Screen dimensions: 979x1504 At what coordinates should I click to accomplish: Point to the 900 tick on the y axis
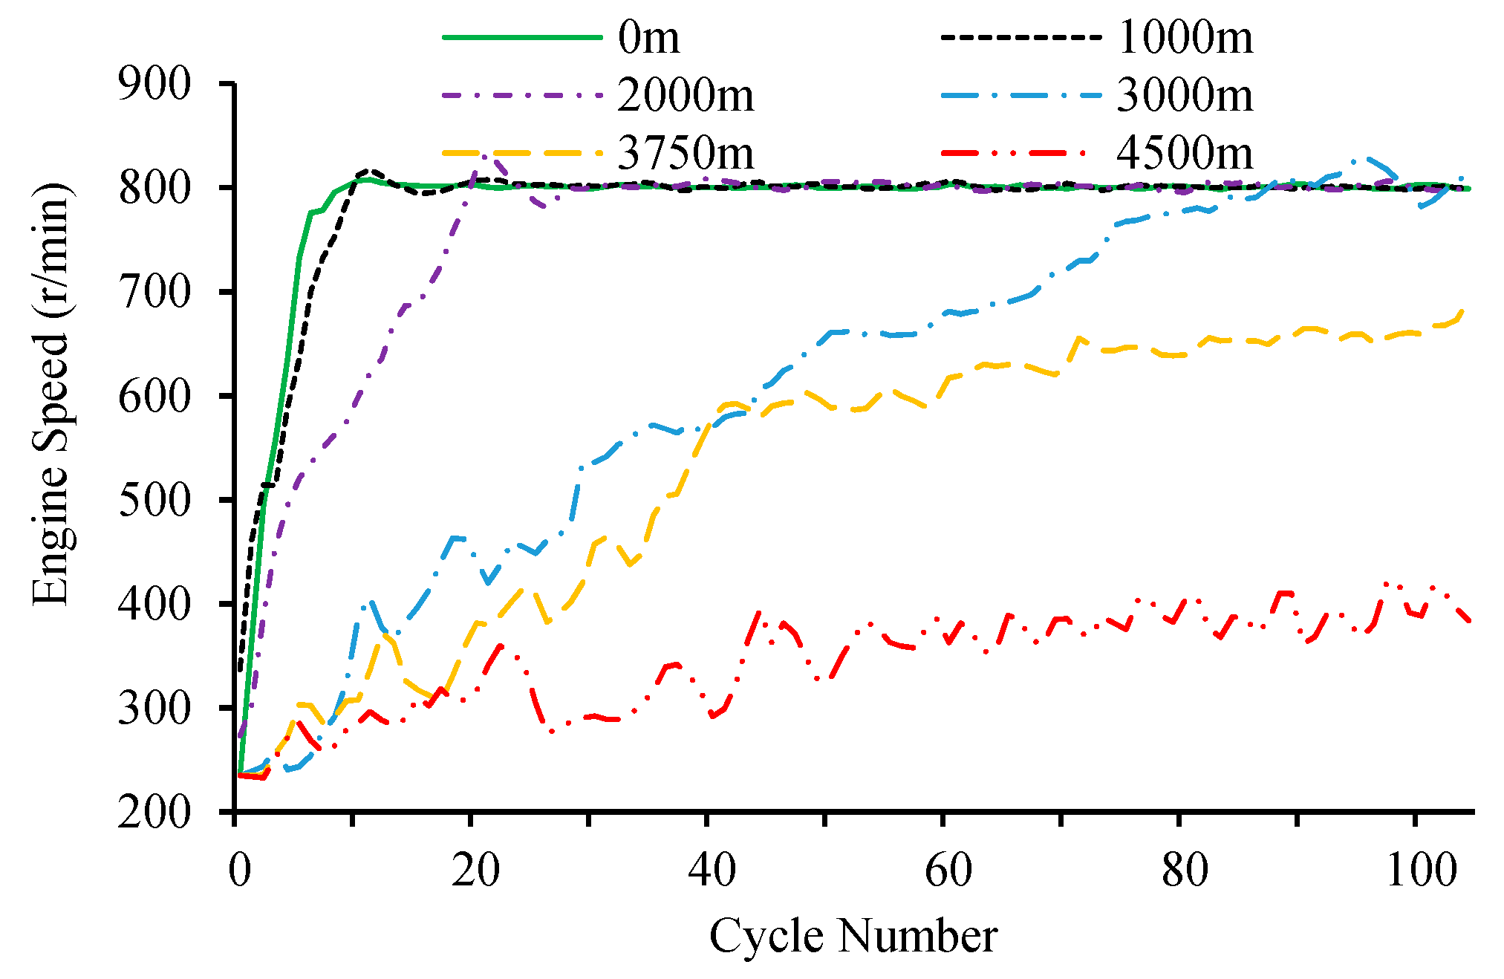[x=154, y=84]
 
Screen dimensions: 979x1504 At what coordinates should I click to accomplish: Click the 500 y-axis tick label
[x=154, y=500]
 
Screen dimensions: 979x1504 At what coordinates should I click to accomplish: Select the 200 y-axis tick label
[x=154, y=812]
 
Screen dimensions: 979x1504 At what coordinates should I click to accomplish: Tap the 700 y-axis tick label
[x=154, y=292]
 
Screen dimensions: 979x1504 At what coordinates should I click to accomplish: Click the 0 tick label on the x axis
[x=239, y=869]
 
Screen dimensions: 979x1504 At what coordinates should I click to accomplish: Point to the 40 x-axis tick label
[x=711, y=869]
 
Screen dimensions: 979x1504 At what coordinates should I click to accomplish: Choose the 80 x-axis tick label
[x=1184, y=869]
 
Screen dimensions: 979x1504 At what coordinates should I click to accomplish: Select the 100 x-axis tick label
[x=1421, y=869]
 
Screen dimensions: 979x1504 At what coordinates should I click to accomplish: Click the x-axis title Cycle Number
[x=853, y=936]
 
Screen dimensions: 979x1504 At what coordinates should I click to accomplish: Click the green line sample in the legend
[x=521, y=37]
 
